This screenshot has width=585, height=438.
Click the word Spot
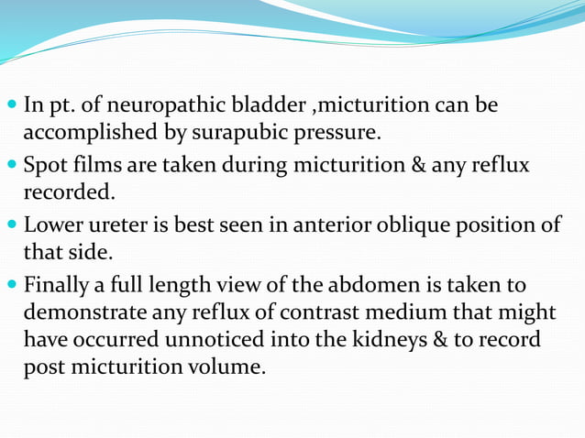point(44,166)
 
